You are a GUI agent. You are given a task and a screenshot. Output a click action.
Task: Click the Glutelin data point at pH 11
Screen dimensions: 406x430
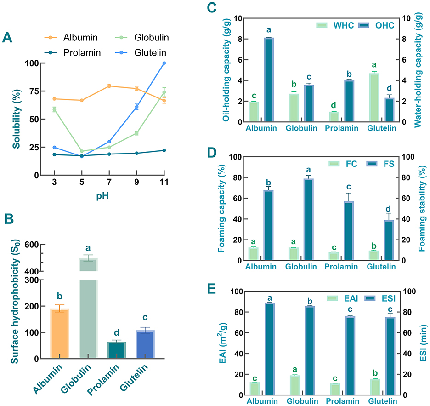164,63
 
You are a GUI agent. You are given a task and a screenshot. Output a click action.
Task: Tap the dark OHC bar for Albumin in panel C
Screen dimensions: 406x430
269,80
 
